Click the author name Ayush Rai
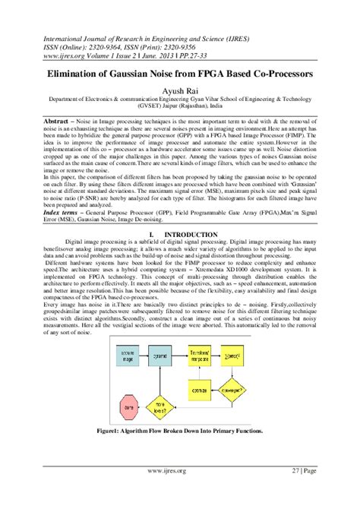click(180, 90)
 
